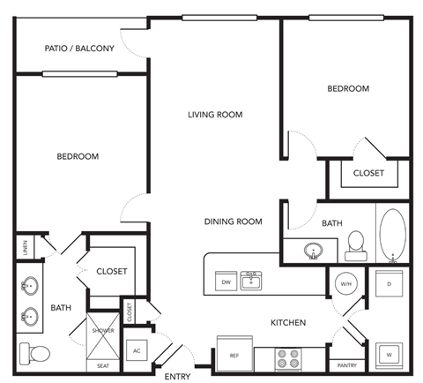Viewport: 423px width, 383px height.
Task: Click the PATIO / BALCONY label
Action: point(79,49)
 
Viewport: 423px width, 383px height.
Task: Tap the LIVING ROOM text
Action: point(214,115)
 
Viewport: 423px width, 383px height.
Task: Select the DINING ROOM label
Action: point(234,222)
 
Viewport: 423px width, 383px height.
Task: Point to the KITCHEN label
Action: point(288,323)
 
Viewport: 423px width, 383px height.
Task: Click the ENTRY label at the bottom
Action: point(177,377)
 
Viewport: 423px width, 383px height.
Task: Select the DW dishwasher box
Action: point(226,282)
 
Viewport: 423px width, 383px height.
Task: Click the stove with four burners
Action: point(289,358)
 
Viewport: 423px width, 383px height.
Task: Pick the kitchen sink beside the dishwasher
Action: point(252,281)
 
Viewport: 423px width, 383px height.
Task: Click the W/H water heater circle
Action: point(345,284)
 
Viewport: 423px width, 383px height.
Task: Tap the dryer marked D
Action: point(389,284)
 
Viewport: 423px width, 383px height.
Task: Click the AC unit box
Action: point(137,350)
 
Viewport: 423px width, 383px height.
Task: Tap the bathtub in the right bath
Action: point(391,237)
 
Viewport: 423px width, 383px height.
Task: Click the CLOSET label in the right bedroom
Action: point(368,173)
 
